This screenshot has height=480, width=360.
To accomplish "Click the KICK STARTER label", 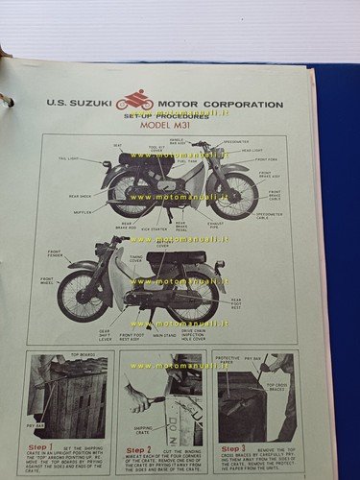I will click(154, 228).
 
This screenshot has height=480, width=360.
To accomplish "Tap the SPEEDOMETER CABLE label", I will click(270, 216).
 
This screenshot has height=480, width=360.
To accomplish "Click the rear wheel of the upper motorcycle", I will click(130, 196).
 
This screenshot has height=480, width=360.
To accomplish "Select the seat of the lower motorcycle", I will click(174, 259).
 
